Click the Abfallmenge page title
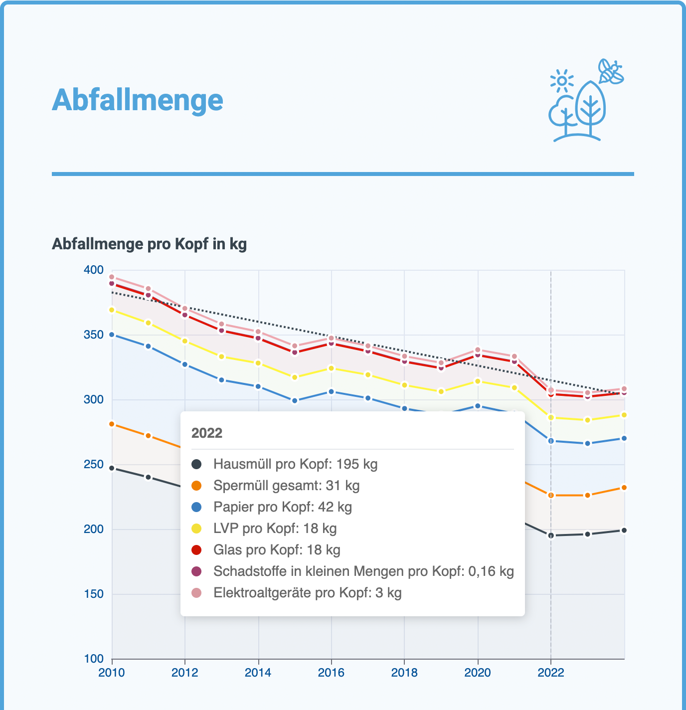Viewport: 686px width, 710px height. click(x=138, y=100)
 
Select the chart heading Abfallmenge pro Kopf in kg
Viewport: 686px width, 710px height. click(x=149, y=244)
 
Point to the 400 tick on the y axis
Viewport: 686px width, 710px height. click(x=93, y=270)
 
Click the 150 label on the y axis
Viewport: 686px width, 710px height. click(x=93, y=594)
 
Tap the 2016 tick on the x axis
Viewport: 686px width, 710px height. click(x=331, y=673)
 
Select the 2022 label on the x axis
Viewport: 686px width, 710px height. click(x=550, y=673)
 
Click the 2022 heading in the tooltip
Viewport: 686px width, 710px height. click(x=207, y=433)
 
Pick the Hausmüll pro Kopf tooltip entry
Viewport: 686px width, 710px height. click(x=295, y=464)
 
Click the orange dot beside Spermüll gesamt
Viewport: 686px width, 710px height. click(x=197, y=486)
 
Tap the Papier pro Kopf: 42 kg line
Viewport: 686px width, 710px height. click(x=282, y=507)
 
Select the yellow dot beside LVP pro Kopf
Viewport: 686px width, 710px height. click(x=197, y=529)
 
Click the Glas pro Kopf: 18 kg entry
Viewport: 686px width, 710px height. click(x=277, y=550)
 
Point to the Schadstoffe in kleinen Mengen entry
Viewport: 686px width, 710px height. click(x=363, y=571)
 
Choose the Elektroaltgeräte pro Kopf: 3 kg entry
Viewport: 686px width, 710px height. click(x=307, y=593)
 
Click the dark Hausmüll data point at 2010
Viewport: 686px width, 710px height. click(x=112, y=468)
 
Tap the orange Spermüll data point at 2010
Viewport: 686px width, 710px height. click(x=112, y=424)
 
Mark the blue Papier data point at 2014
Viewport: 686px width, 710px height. click(x=258, y=386)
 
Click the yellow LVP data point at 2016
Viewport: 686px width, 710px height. click(x=332, y=368)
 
